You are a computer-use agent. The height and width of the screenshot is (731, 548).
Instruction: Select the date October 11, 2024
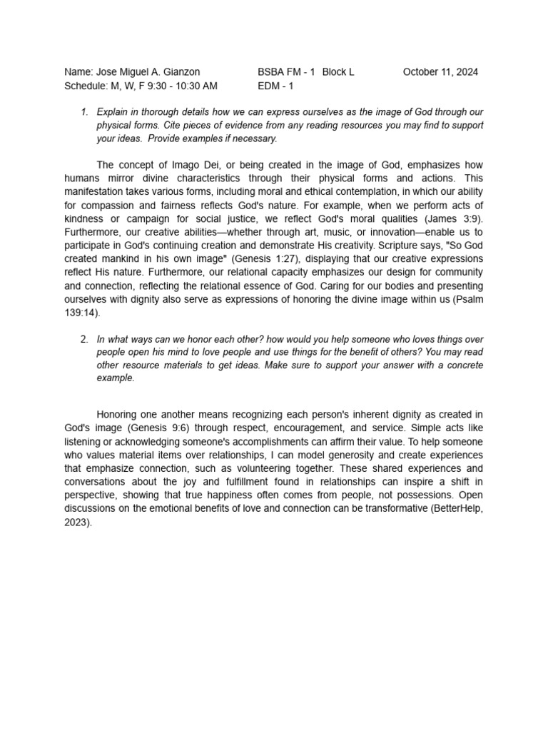pos(440,72)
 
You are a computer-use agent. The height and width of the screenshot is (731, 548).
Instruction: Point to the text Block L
pos(338,72)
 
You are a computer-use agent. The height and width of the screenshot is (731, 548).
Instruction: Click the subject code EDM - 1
pos(275,86)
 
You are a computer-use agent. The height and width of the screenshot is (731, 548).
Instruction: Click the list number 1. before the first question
pos(84,112)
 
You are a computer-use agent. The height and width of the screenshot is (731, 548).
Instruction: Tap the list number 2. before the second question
pos(84,339)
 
